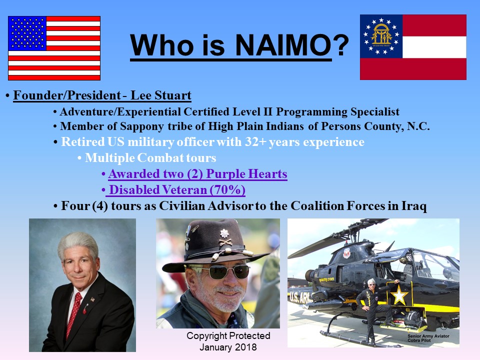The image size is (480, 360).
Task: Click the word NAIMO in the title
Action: (x=283, y=45)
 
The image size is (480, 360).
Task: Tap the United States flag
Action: (x=54, y=48)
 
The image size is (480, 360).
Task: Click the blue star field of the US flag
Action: (x=27, y=33)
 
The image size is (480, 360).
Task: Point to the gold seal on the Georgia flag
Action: (x=381, y=36)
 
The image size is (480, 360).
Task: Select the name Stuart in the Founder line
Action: (x=173, y=95)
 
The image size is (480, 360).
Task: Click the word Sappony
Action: (x=142, y=126)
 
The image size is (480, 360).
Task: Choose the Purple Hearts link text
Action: (x=246, y=174)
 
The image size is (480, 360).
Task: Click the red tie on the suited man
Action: (x=74, y=314)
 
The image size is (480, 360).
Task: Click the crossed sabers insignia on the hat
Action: (x=225, y=242)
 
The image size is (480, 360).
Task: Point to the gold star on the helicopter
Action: (x=399, y=295)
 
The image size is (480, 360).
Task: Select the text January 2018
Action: (x=228, y=347)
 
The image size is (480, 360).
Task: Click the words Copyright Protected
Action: (x=228, y=336)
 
